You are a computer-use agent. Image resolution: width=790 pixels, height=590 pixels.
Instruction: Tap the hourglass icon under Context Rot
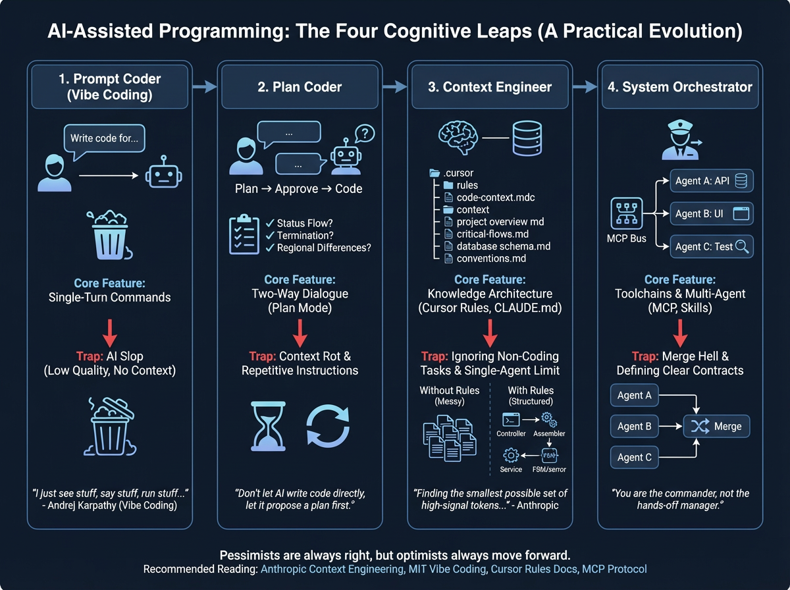click(266, 426)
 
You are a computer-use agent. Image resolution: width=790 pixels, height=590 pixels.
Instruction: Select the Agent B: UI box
click(711, 214)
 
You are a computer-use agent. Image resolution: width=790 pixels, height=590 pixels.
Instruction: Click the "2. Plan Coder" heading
click(300, 86)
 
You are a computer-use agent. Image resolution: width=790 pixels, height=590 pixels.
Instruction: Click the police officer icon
click(678, 140)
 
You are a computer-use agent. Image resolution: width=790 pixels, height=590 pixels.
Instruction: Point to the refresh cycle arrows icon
click(328, 426)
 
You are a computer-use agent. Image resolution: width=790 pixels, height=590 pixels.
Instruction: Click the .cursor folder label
click(458, 173)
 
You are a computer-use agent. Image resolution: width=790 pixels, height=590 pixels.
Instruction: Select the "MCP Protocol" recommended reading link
click(614, 569)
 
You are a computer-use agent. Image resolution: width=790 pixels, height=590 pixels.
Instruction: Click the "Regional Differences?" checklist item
click(324, 248)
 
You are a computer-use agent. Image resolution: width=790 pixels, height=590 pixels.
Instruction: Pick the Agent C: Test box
click(711, 246)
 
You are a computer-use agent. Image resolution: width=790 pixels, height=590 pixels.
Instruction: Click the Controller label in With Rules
click(511, 434)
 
